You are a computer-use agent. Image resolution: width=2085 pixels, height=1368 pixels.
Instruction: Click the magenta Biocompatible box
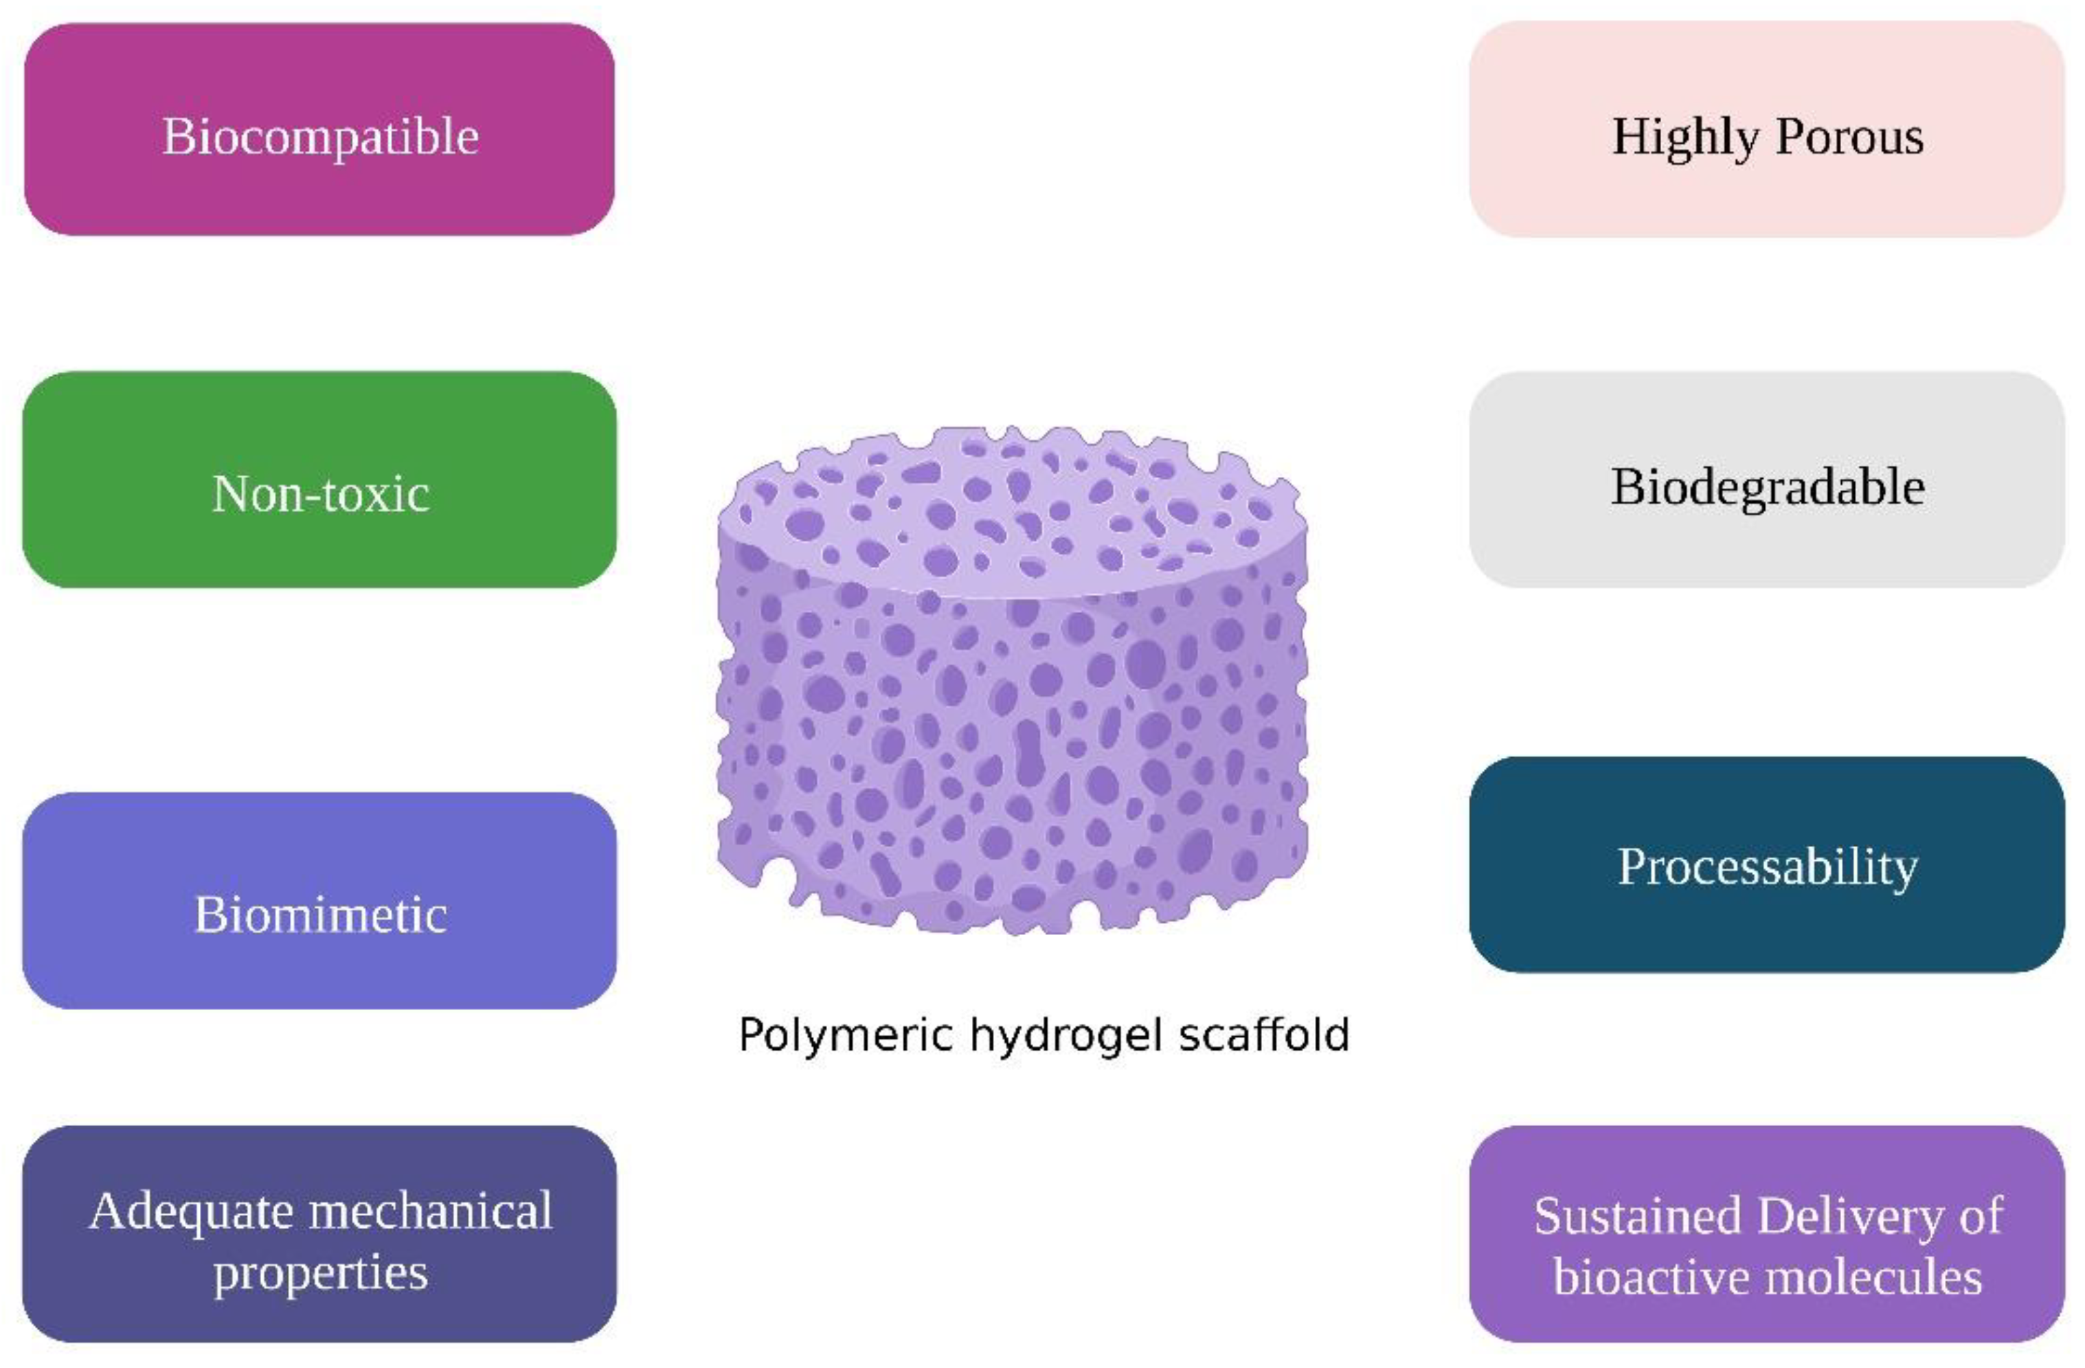319,130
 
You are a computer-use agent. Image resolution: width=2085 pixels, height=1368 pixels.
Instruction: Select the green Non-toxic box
319,480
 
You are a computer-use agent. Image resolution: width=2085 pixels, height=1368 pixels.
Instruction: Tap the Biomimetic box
319,901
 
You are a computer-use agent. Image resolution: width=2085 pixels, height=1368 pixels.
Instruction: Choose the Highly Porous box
1766,130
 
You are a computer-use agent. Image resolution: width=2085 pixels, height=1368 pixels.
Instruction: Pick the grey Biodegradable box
1766,480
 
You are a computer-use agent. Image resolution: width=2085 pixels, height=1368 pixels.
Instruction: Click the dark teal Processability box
1766,866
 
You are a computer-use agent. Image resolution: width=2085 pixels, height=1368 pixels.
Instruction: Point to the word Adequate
190,1212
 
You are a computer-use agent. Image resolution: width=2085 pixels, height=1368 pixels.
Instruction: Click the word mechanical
430,1212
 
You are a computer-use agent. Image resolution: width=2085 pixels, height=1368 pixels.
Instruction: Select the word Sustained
1636,1216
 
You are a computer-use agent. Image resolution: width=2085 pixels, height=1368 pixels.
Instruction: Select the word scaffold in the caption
1263,1034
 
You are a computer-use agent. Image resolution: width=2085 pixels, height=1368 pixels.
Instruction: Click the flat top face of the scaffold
1007,517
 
